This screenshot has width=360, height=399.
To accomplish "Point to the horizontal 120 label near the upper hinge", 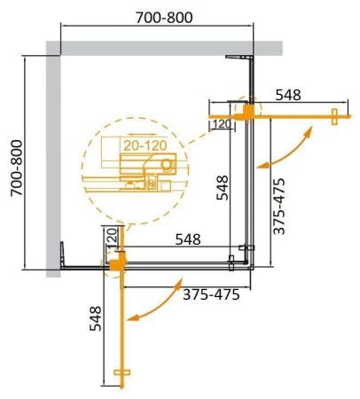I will coord(222,123).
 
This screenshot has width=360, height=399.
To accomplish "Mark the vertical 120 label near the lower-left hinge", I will coord(111,237).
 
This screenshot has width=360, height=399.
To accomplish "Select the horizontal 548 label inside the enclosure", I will coord(186,239).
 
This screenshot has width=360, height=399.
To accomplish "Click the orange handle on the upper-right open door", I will coord(334,114).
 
